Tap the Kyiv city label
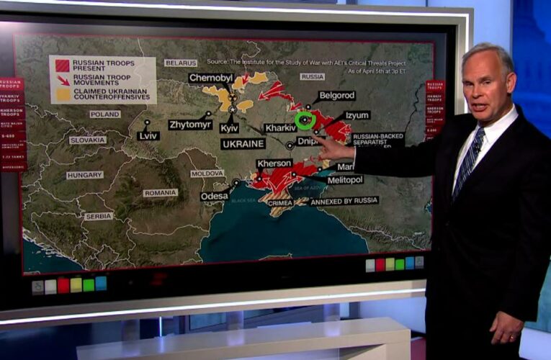click(x=229, y=127)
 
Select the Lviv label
click(x=148, y=135)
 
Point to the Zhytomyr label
click(x=190, y=125)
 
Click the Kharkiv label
click(x=280, y=127)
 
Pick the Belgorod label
click(x=336, y=95)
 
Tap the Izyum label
click(x=357, y=115)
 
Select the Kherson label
click(x=274, y=163)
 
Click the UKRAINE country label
click(x=243, y=143)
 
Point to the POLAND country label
click(x=105, y=114)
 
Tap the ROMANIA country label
click(x=160, y=193)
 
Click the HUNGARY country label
click(x=84, y=175)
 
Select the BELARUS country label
click(x=180, y=63)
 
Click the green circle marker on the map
click(x=305, y=120)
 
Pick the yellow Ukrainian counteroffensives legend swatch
click(x=63, y=94)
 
